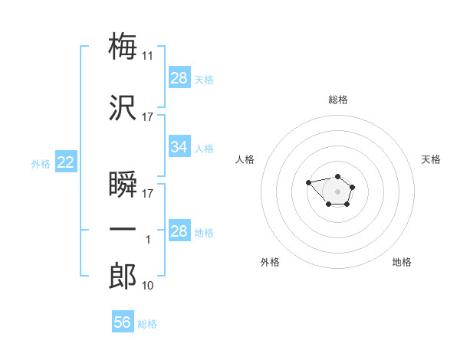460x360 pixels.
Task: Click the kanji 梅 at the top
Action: (123, 46)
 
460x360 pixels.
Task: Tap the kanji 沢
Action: (123, 108)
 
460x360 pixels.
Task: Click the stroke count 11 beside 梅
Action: (148, 56)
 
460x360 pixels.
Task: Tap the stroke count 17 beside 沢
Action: (148, 117)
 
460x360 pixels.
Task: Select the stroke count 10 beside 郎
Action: (148, 286)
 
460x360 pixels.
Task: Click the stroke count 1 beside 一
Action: (149, 240)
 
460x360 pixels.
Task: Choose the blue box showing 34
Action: (179, 146)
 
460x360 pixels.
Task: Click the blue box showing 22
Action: (65, 162)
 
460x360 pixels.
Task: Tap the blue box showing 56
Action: (123, 322)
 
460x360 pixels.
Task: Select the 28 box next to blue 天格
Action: (179, 77)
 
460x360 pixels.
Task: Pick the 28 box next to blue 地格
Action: (179, 231)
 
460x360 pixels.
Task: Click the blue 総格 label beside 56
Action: (147, 324)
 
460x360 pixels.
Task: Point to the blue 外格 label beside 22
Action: (40, 163)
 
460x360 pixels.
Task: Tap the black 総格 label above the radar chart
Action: (337, 100)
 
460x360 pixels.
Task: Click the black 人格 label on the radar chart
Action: (245, 159)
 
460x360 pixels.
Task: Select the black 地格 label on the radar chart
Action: (402, 263)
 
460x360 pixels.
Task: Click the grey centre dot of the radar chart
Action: (337, 191)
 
